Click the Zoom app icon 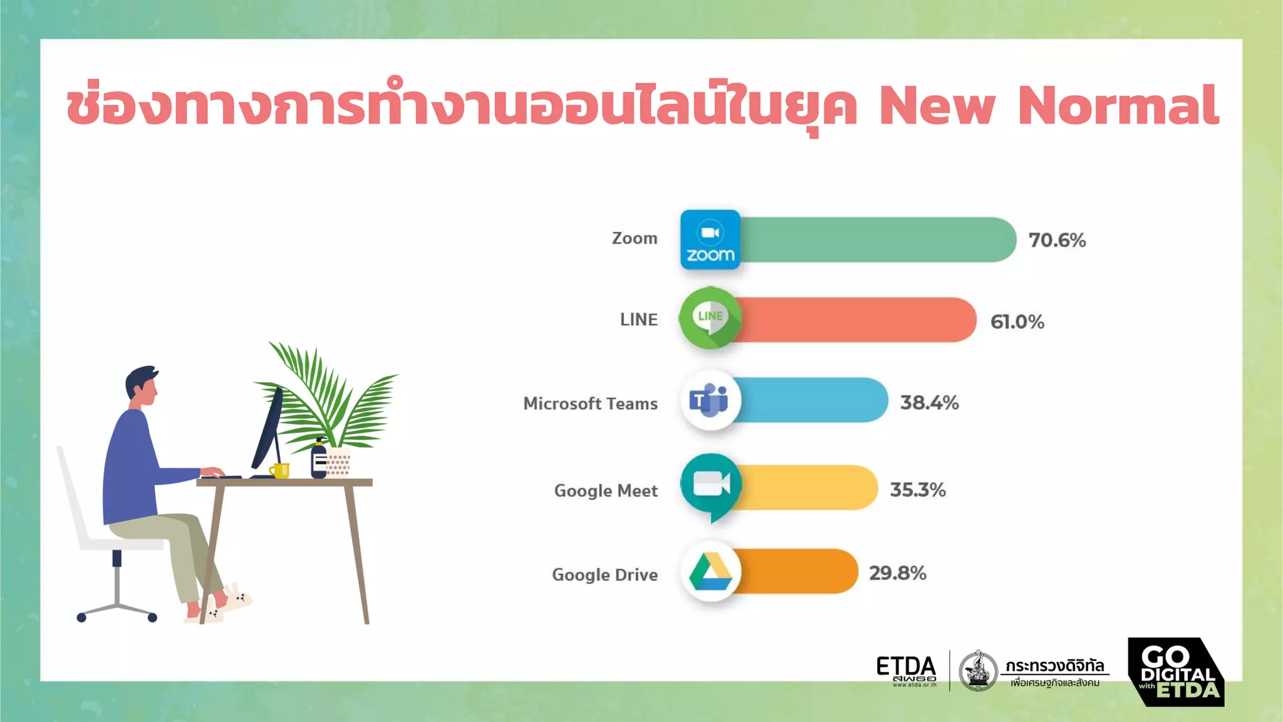710,240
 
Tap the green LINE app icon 710,318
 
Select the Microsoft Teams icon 710,400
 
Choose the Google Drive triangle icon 710,572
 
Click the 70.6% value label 1057,240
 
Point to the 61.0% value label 1017,322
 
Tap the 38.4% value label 929,402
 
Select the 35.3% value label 918,489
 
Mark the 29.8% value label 897,573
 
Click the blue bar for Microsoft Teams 814,400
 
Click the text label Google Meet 606,491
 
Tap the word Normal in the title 1118,105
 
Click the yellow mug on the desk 280,470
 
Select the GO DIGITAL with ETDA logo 1176,672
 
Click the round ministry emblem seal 978,671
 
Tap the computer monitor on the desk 268,432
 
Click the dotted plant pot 338,462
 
